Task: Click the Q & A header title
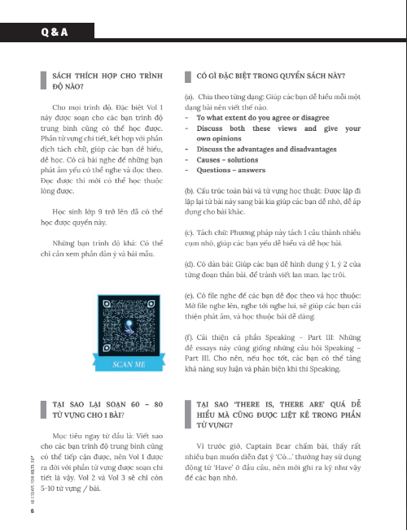tap(55, 33)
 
